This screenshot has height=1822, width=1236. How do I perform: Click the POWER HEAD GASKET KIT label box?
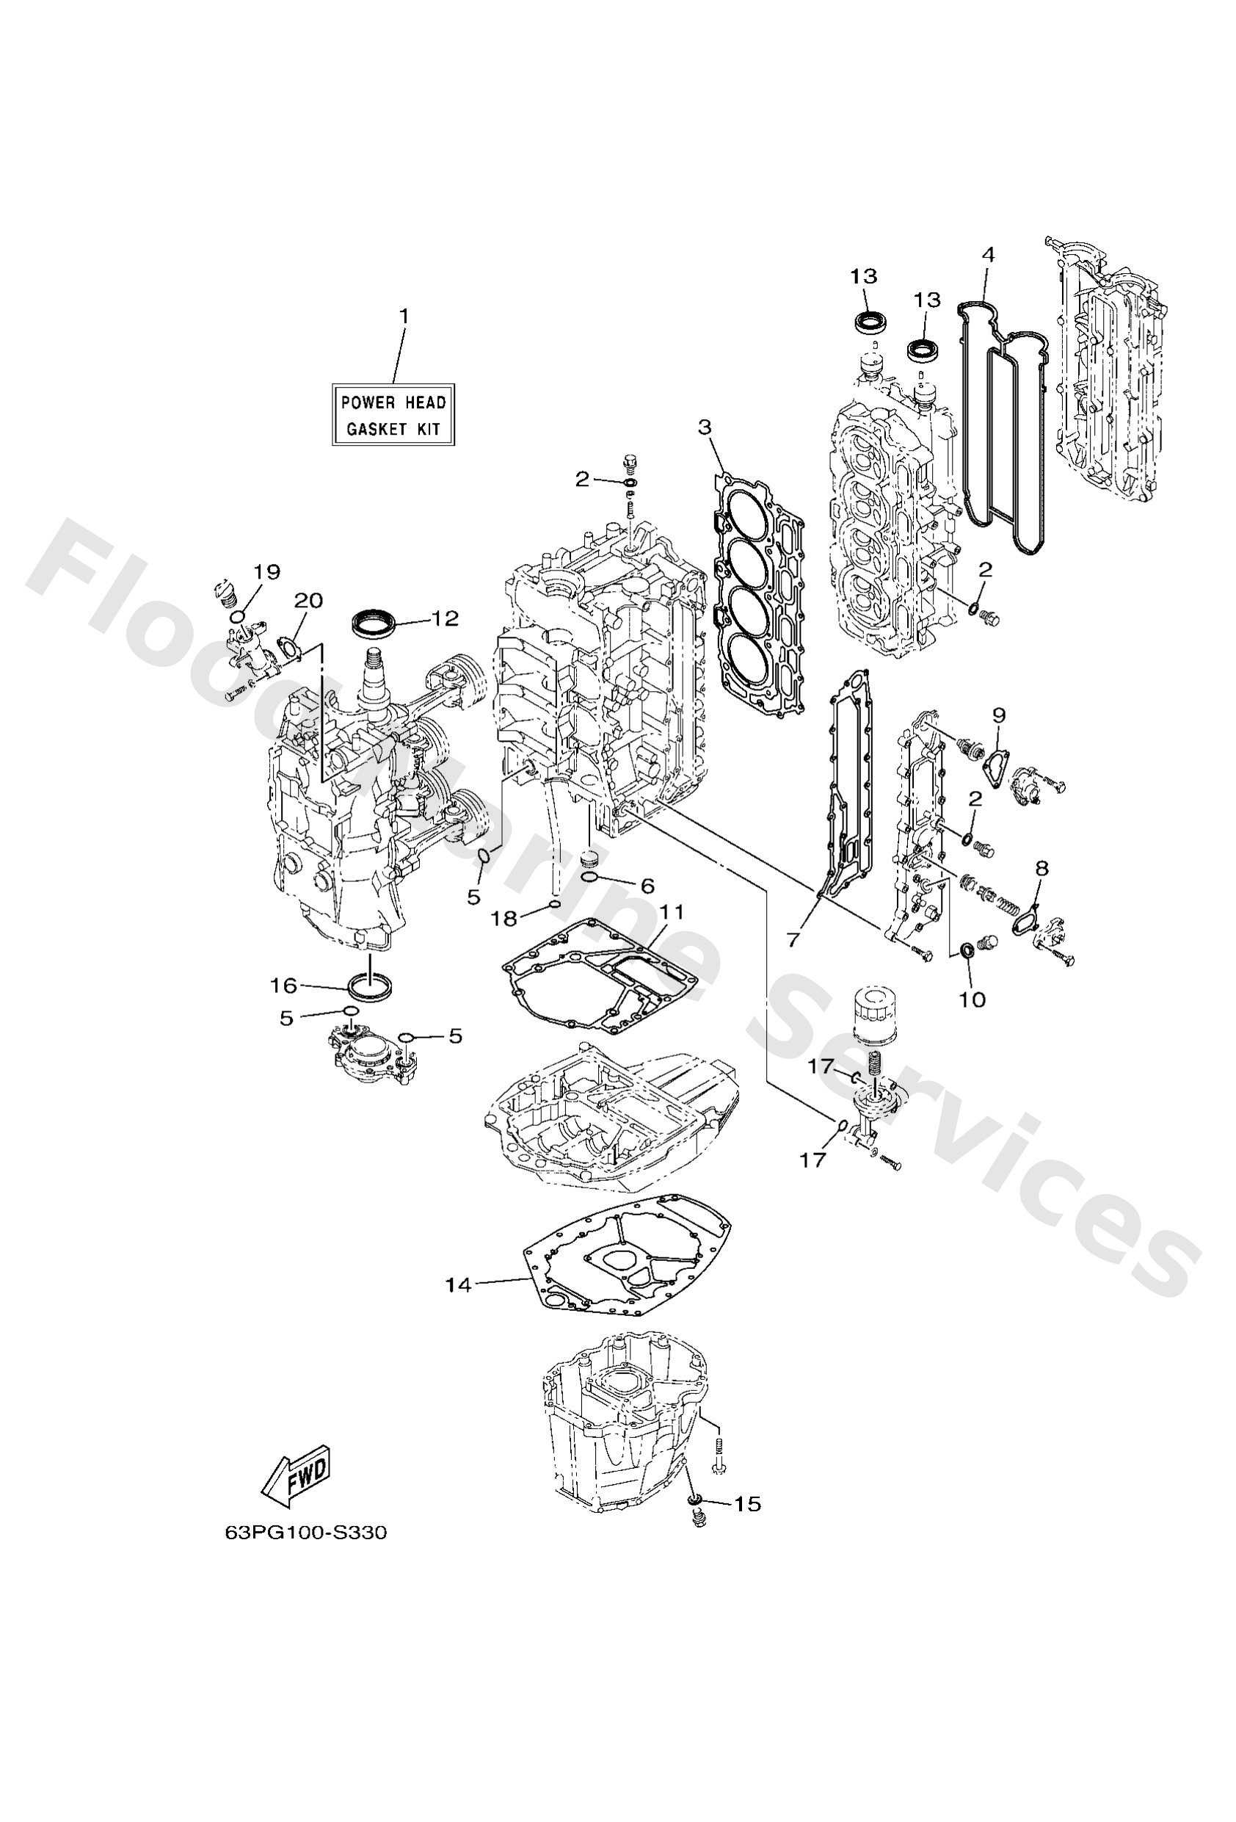[x=393, y=416]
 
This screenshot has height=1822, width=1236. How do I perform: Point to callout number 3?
[x=705, y=427]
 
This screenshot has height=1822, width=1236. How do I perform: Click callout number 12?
[x=443, y=619]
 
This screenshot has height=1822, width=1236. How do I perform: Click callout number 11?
[x=672, y=912]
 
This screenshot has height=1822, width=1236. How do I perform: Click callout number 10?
[x=973, y=999]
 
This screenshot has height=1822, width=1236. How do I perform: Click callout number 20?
[x=308, y=601]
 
